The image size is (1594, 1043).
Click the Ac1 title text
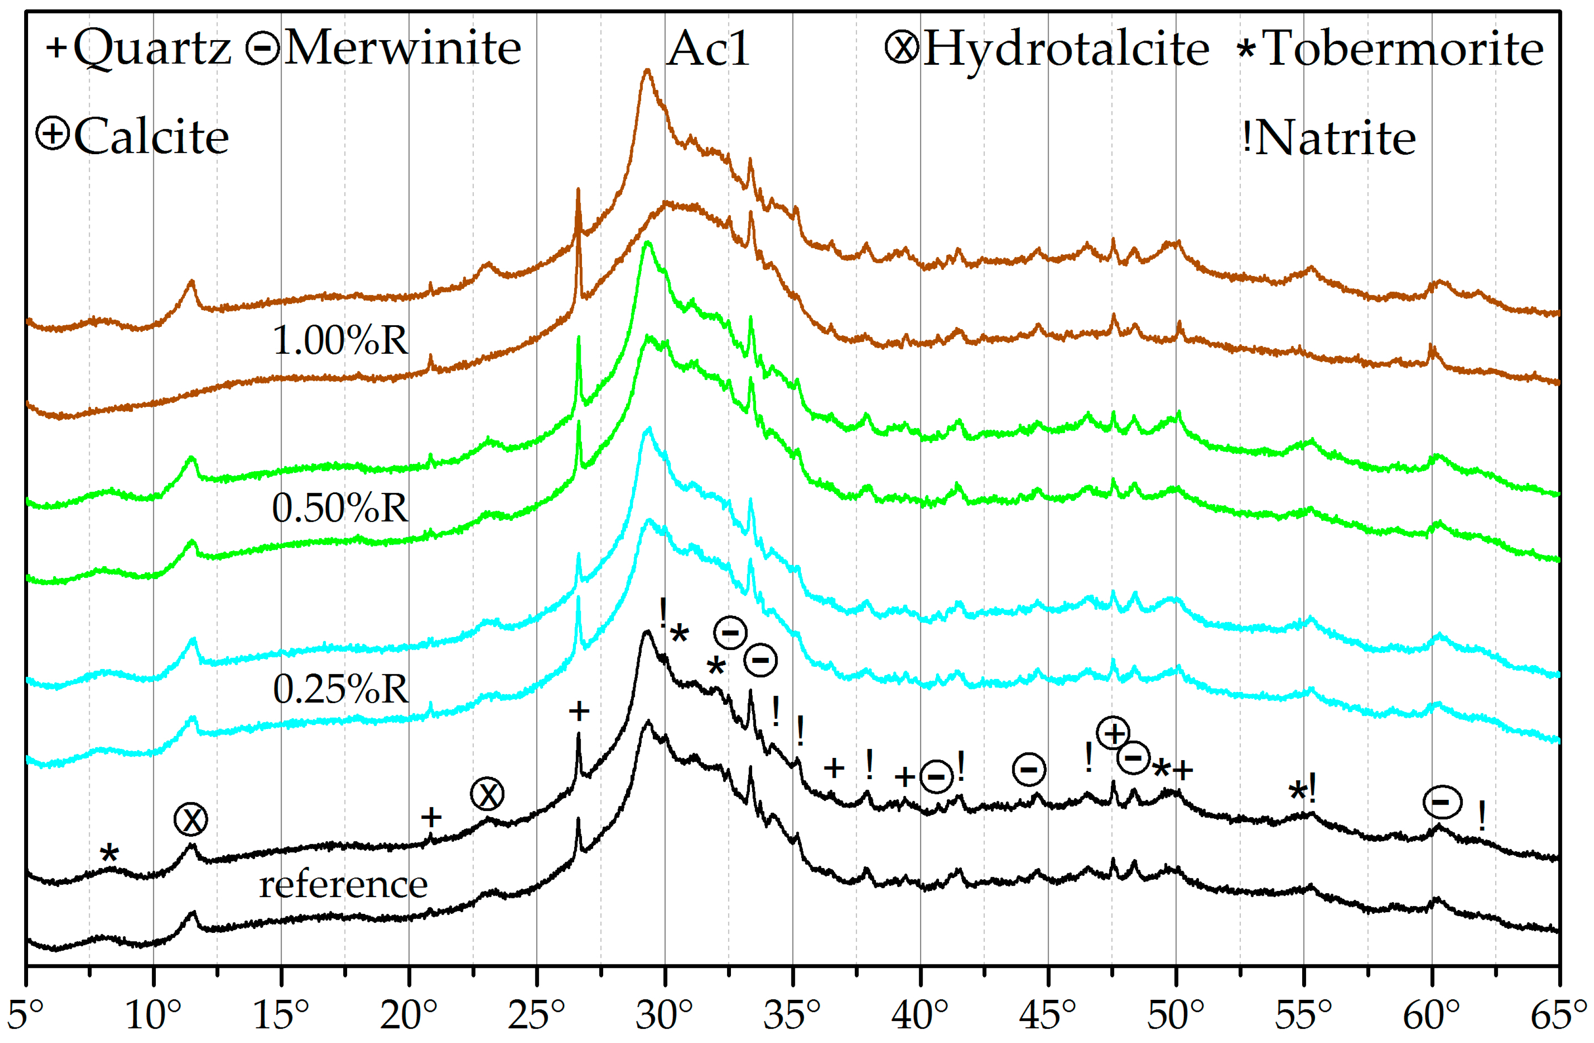(708, 49)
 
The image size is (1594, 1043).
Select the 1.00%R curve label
(340, 340)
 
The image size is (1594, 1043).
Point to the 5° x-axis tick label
(25, 1014)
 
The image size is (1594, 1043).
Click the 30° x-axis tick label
(664, 1014)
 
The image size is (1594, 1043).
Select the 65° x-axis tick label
(1559, 1014)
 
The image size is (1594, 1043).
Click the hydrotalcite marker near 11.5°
(191, 819)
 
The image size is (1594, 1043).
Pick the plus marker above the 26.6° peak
(579, 711)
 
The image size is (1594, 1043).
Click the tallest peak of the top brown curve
(646, 70)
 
